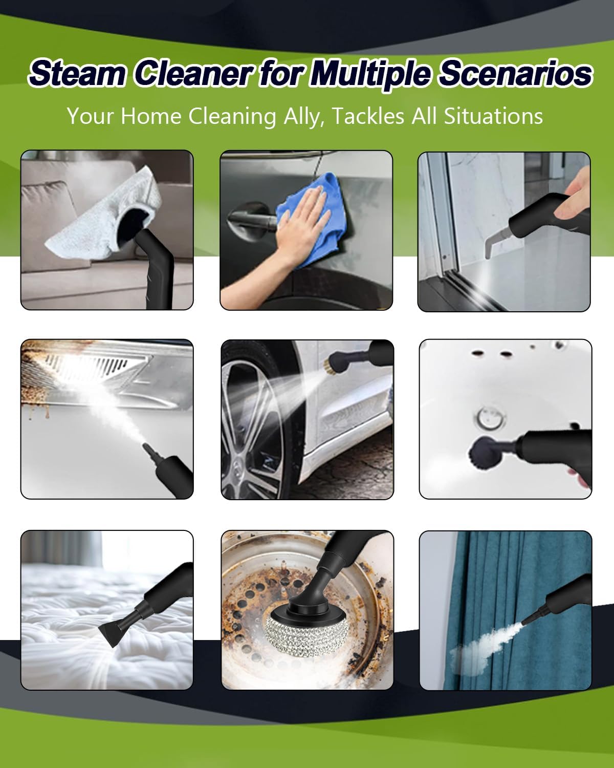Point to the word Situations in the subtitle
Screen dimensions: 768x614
[x=493, y=116]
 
